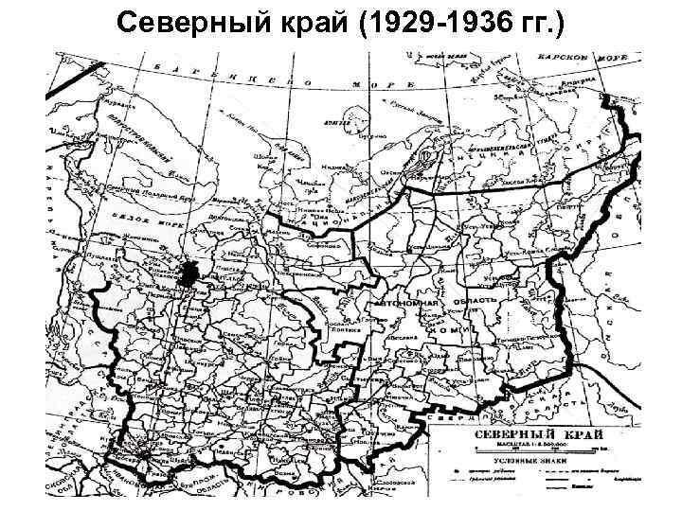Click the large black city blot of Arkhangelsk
188,273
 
